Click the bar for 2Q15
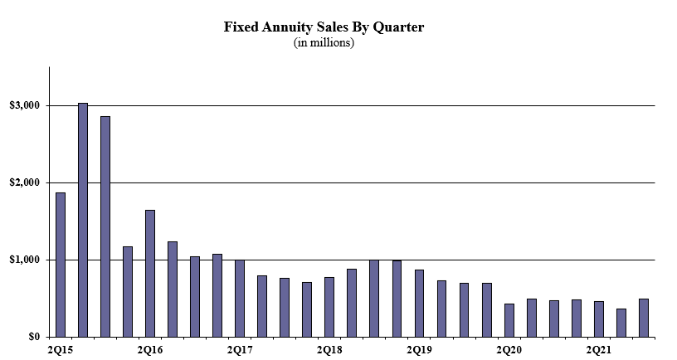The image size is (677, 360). tap(61, 265)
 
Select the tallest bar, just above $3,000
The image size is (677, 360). tap(83, 220)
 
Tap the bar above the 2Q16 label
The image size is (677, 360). tap(150, 274)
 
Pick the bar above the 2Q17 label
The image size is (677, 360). tap(240, 299)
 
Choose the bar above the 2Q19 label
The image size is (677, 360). tap(419, 304)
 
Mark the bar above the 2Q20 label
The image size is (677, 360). tap(509, 321)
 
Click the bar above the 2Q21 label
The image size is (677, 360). tap(598, 319)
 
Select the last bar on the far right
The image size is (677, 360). tap(643, 319)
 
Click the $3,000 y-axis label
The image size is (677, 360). tap(24, 105)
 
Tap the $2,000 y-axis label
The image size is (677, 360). tap(24, 183)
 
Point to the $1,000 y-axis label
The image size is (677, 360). tap(24, 260)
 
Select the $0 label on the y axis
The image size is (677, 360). tap(34, 337)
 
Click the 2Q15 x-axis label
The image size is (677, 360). tap(60, 349)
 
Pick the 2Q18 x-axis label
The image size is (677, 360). tap(329, 349)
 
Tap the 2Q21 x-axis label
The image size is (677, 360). tap(598, 349)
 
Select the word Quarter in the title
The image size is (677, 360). tap(398, 27)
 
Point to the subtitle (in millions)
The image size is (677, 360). tap(324, 43)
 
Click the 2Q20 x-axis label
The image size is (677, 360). tap(509, 349)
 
